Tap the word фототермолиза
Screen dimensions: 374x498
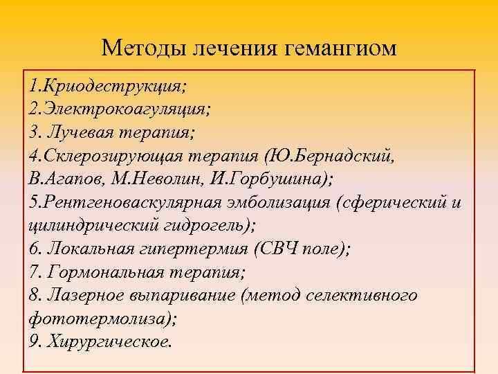(x=100, y=318)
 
